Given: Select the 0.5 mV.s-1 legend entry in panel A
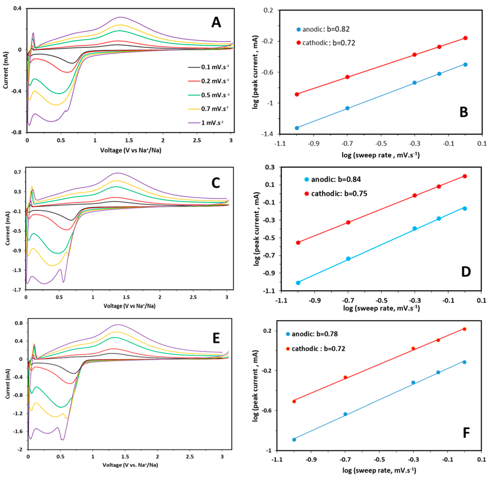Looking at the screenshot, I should coord(215,95).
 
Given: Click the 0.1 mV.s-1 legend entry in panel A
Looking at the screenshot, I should coord(215,67).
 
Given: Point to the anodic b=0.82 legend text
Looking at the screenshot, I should coord(326,29).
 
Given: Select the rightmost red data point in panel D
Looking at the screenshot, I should coord(465,176).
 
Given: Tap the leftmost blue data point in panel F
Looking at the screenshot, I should coord(294,439).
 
